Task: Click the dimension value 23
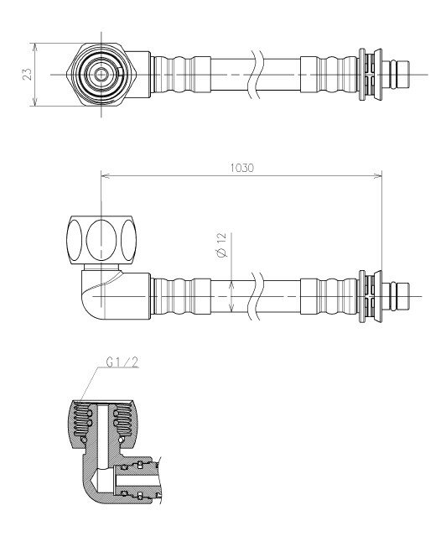tap(28, 74)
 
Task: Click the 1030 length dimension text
tap(241, 168)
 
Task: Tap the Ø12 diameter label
tap(223, 245)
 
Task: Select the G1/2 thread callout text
tap(122, 362)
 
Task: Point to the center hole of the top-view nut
tap(101, 75)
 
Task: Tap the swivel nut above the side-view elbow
tap(101, 239)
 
